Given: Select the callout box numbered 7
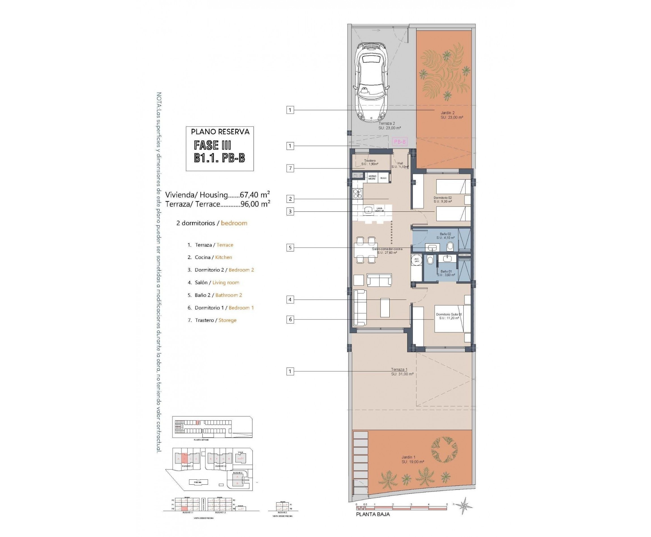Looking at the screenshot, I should pos(290,168).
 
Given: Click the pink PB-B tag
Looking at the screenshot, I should pos(400,142).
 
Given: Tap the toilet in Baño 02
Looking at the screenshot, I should pos(450,246).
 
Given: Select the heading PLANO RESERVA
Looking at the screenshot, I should pos(220,132).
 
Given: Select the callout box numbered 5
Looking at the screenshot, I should pos(290,248).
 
